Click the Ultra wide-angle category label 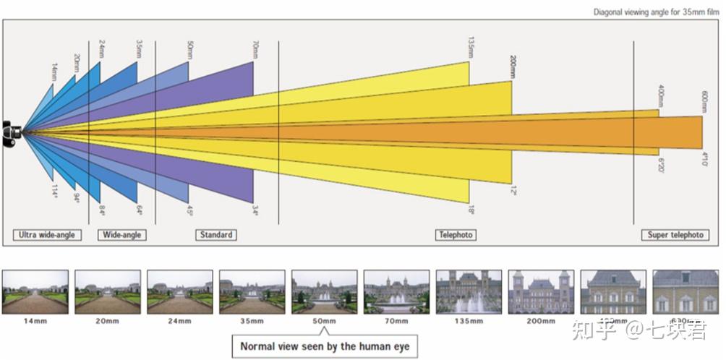(x=47, y=235)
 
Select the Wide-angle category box (x=122, y=235)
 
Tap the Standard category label (x=216, y=235)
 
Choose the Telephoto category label (x=456, y=235)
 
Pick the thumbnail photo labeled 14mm (x=35, y=291)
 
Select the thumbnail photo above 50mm (x=324, y=291)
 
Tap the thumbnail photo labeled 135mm (x=469, y=291)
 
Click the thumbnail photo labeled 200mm (x=541, y=291)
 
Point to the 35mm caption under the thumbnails (x=252, y=321)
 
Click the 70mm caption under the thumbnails (x=396, y=321)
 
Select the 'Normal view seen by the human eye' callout (x=325, y=347)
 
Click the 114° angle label (x=54, y=191)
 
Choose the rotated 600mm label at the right (x=704, y=100)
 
